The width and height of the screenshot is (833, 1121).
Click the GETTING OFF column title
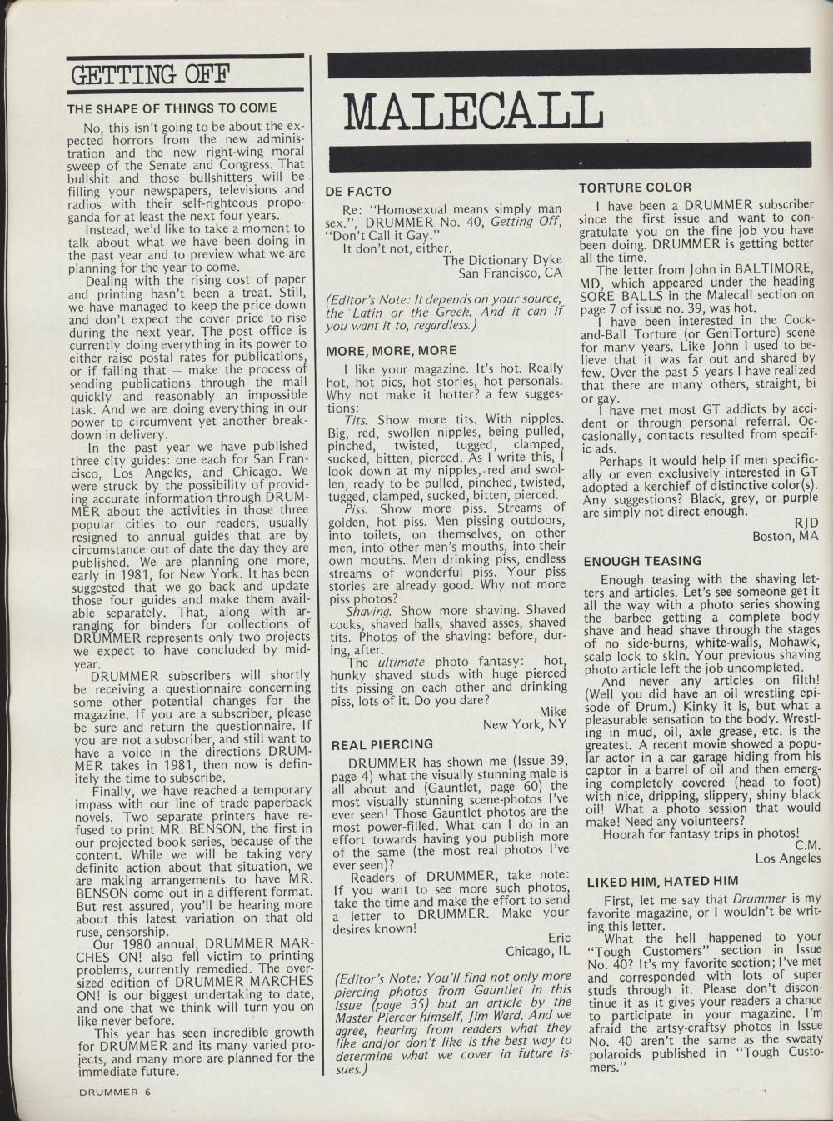click(x=151, y=75)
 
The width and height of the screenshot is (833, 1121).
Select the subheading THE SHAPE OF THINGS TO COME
click(x=172, y=108)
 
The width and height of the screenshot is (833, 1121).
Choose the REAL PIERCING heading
click(x=382, y=744)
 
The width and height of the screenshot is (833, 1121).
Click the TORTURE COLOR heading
click(x=636, y=187)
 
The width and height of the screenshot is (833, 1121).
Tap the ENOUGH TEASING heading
click(x=643, y=561)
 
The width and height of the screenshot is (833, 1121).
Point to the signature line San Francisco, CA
click(x=511, y=273)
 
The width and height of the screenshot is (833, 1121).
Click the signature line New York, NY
click(x=525, y=724)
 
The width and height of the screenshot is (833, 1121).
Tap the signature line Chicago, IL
click(x=538, y=950)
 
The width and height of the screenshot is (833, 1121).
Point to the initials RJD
click(x=806, y=522)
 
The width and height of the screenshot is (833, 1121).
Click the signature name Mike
click(x=553, y=711)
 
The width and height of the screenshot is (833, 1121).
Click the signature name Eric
click(x=559, y=937)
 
